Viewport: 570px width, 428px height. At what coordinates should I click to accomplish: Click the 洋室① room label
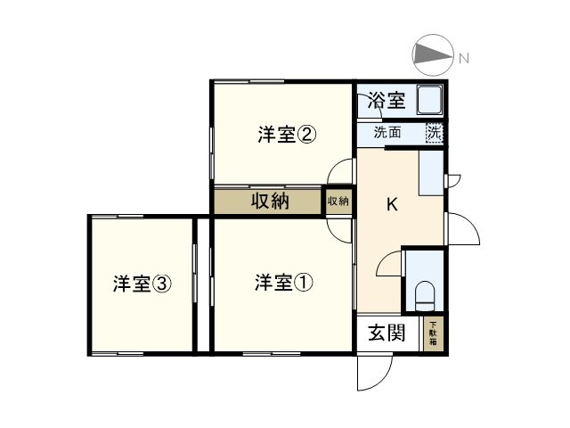coord(282,284)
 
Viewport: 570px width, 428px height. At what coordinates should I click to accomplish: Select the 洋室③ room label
coord(142,284)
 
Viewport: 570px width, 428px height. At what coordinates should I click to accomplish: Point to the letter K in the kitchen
coord(391,204)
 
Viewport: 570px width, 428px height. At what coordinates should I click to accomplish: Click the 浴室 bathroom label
coord(387,100)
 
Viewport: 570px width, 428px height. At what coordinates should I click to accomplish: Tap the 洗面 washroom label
coord(387,134)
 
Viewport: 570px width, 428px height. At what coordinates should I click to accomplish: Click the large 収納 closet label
coord(268,201)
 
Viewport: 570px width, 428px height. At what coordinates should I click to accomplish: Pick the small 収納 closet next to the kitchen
coord(338,201)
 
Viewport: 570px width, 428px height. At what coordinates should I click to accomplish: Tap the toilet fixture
coord(425,294)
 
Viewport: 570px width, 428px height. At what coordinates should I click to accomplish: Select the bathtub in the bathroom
coord(431,100)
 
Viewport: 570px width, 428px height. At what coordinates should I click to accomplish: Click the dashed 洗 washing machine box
coord(434,133)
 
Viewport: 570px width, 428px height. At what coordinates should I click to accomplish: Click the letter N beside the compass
coord(464,58)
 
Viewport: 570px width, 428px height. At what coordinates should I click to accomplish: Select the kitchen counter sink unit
coord(432,171)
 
